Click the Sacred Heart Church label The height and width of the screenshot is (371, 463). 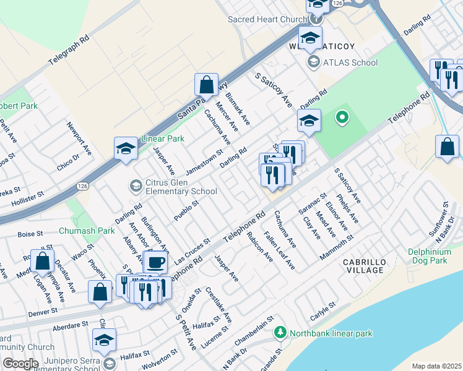point(267,19)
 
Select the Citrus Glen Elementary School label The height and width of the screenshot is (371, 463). point(180,187)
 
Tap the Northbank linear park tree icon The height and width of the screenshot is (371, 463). point(280,333)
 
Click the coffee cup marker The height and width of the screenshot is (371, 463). point(155,262)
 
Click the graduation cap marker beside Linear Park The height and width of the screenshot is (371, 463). point(126,149)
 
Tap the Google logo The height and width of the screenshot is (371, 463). point(20,364)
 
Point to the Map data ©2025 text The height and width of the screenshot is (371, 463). point(436,366)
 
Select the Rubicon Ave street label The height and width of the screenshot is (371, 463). point(260,247)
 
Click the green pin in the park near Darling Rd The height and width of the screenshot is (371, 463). point(341,117)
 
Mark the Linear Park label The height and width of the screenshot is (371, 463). point(163,139)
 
